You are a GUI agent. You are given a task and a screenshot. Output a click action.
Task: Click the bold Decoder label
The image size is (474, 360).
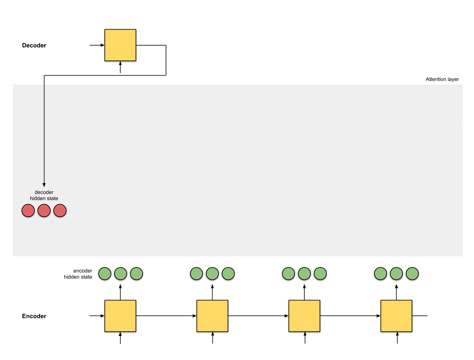[x=34, y=45]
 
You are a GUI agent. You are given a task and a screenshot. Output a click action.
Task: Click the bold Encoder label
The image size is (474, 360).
[x=34, y=316]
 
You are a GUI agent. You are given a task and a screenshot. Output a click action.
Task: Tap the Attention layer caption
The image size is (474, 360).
[x=442, y=79]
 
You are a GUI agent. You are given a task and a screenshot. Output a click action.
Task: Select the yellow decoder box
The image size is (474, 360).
[x=120, y=45]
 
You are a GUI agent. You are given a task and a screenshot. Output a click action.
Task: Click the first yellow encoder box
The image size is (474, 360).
[x=120, y=316]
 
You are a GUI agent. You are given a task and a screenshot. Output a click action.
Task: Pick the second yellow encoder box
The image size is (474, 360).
[x=212, y=316]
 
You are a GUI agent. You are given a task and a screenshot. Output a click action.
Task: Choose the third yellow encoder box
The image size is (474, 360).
[x=304, y=316]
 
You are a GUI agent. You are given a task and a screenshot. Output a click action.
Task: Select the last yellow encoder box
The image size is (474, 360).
[x=396, y=316]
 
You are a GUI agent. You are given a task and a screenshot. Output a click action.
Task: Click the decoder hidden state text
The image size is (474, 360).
[x=44, y=195]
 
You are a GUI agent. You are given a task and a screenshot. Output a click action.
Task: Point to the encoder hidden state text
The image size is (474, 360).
[x=78, y=274]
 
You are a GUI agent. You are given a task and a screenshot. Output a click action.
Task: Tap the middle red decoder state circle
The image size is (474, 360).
[x=44, y=211]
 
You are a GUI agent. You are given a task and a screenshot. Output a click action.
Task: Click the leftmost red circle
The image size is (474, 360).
[x=28, y=211]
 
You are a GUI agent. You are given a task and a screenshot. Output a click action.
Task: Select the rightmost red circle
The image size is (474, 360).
[x=60, y=211]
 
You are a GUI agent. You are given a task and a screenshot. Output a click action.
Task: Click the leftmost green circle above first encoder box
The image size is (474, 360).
[x=105, y=274]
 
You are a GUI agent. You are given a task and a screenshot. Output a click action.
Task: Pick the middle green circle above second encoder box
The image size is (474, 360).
[x=212, y=274]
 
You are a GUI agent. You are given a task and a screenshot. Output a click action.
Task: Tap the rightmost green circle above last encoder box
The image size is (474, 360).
[x=412, y=274]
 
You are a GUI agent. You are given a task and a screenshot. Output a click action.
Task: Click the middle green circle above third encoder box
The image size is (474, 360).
[x=304, y=274]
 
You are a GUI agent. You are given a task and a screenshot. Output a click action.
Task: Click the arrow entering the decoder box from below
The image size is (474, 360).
[x=120, y=67]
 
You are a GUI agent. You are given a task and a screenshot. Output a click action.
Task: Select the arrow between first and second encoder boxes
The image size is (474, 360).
[x=166, y=316]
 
